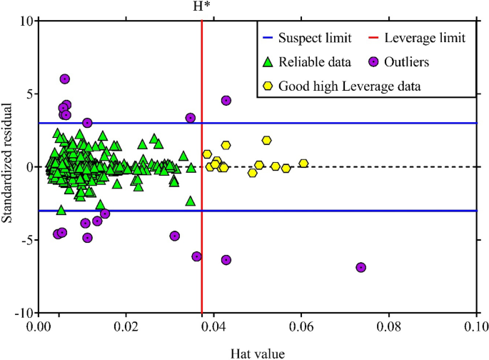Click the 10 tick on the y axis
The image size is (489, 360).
[25, 21]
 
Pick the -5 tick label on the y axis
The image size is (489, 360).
[25, 240]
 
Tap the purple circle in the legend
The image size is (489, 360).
[382, 62]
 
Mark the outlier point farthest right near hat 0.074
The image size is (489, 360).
[361, 267]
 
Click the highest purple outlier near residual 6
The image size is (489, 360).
[65, 79]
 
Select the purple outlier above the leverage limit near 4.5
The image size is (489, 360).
[226, 101]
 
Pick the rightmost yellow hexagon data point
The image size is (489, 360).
[303, 164]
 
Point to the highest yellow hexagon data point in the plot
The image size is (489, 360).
[267, 141]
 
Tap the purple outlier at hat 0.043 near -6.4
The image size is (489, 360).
[226, 260]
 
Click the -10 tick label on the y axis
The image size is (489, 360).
[23, 313]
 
